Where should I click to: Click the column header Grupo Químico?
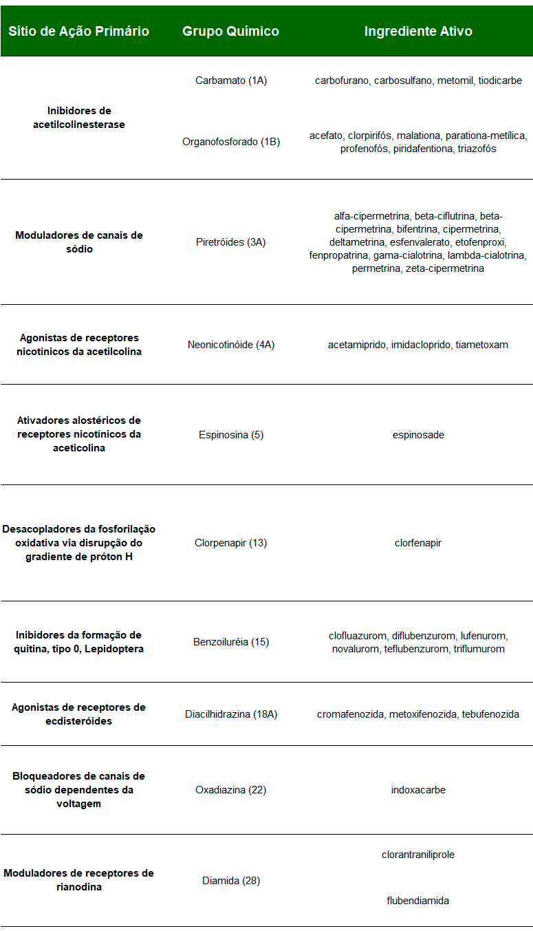pyautogui.click(x=230, y=32)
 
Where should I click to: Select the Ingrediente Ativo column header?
pyautogui.click(x=418, y=32)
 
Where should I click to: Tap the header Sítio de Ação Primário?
pyautogui.click(x=78, y=32)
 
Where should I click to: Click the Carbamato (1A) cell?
pyautogui.click(x=231, y=81)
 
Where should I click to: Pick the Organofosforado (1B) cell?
pyautogui.click(x=231, y=142)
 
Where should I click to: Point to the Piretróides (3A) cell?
pyautogui.click(x=231, y=242)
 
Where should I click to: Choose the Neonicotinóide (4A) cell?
pyautogui.click(x=231, y=345)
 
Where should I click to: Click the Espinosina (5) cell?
pyautogui.click(x=231, y=435)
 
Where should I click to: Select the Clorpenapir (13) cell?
pyautogui.click(x=231, y=543)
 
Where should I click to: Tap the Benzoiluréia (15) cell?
pyautogui.click(x=231, y=642)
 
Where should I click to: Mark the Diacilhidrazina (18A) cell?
pyautogui.click(x=231, y=714)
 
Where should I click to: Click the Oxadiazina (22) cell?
pyautogui.click(x=231, y=790)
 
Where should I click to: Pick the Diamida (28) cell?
pyautogui.click(x=231, y=881)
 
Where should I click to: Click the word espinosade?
pyautogui.click(x=418, y=435)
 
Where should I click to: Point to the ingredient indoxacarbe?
pyautogui.click(x=418, y=790)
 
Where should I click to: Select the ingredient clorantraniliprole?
pyautogui.click(x=418, y=855)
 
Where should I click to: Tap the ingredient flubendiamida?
pyautogui.click(x=418, y=900)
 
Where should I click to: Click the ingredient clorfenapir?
pyautogui.click(x=418, y=543)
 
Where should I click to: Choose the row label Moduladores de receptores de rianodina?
pyautogui.click(x=78, y=880)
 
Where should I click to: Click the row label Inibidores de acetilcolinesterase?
pyautogui.click(x=78, y=118)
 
